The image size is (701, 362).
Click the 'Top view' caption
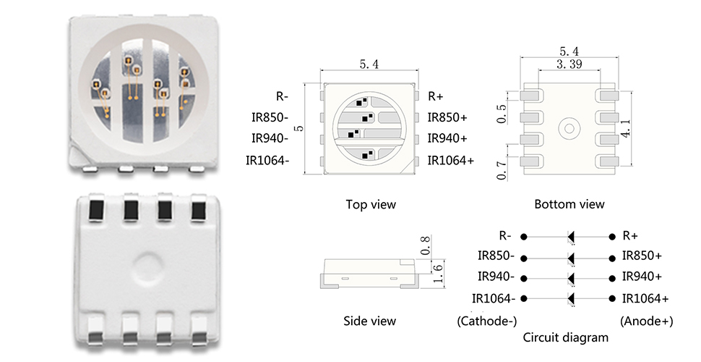tap(371, 204)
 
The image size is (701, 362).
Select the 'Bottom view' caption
tap(569, 204)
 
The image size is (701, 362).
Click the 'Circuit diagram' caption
tap(566, 337)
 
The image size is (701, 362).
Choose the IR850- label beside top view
tap(270, 117)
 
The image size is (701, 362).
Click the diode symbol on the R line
tap(570, 236)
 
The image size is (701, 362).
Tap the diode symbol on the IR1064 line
tap(570, 298)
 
